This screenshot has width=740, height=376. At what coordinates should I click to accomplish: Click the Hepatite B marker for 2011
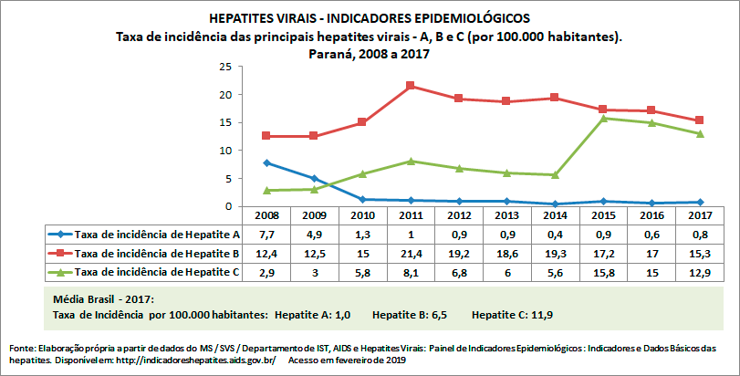coord(411,86)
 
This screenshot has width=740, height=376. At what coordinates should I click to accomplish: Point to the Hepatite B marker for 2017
coord(699,120)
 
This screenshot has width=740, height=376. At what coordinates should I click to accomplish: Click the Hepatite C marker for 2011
coord(411,161)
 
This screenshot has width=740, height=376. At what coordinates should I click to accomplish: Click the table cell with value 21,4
coord(411,252)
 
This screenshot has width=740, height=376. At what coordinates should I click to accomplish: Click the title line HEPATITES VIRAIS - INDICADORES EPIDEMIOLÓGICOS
coord(369,17)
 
